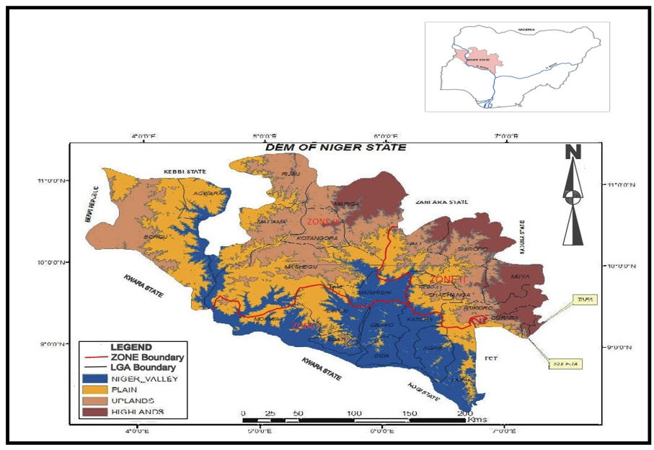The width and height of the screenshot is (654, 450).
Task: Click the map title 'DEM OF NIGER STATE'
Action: (x=335, y=147)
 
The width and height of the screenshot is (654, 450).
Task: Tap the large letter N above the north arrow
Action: (x=573, y=152)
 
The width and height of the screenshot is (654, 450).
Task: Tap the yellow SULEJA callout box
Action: (x=563, y=365)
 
